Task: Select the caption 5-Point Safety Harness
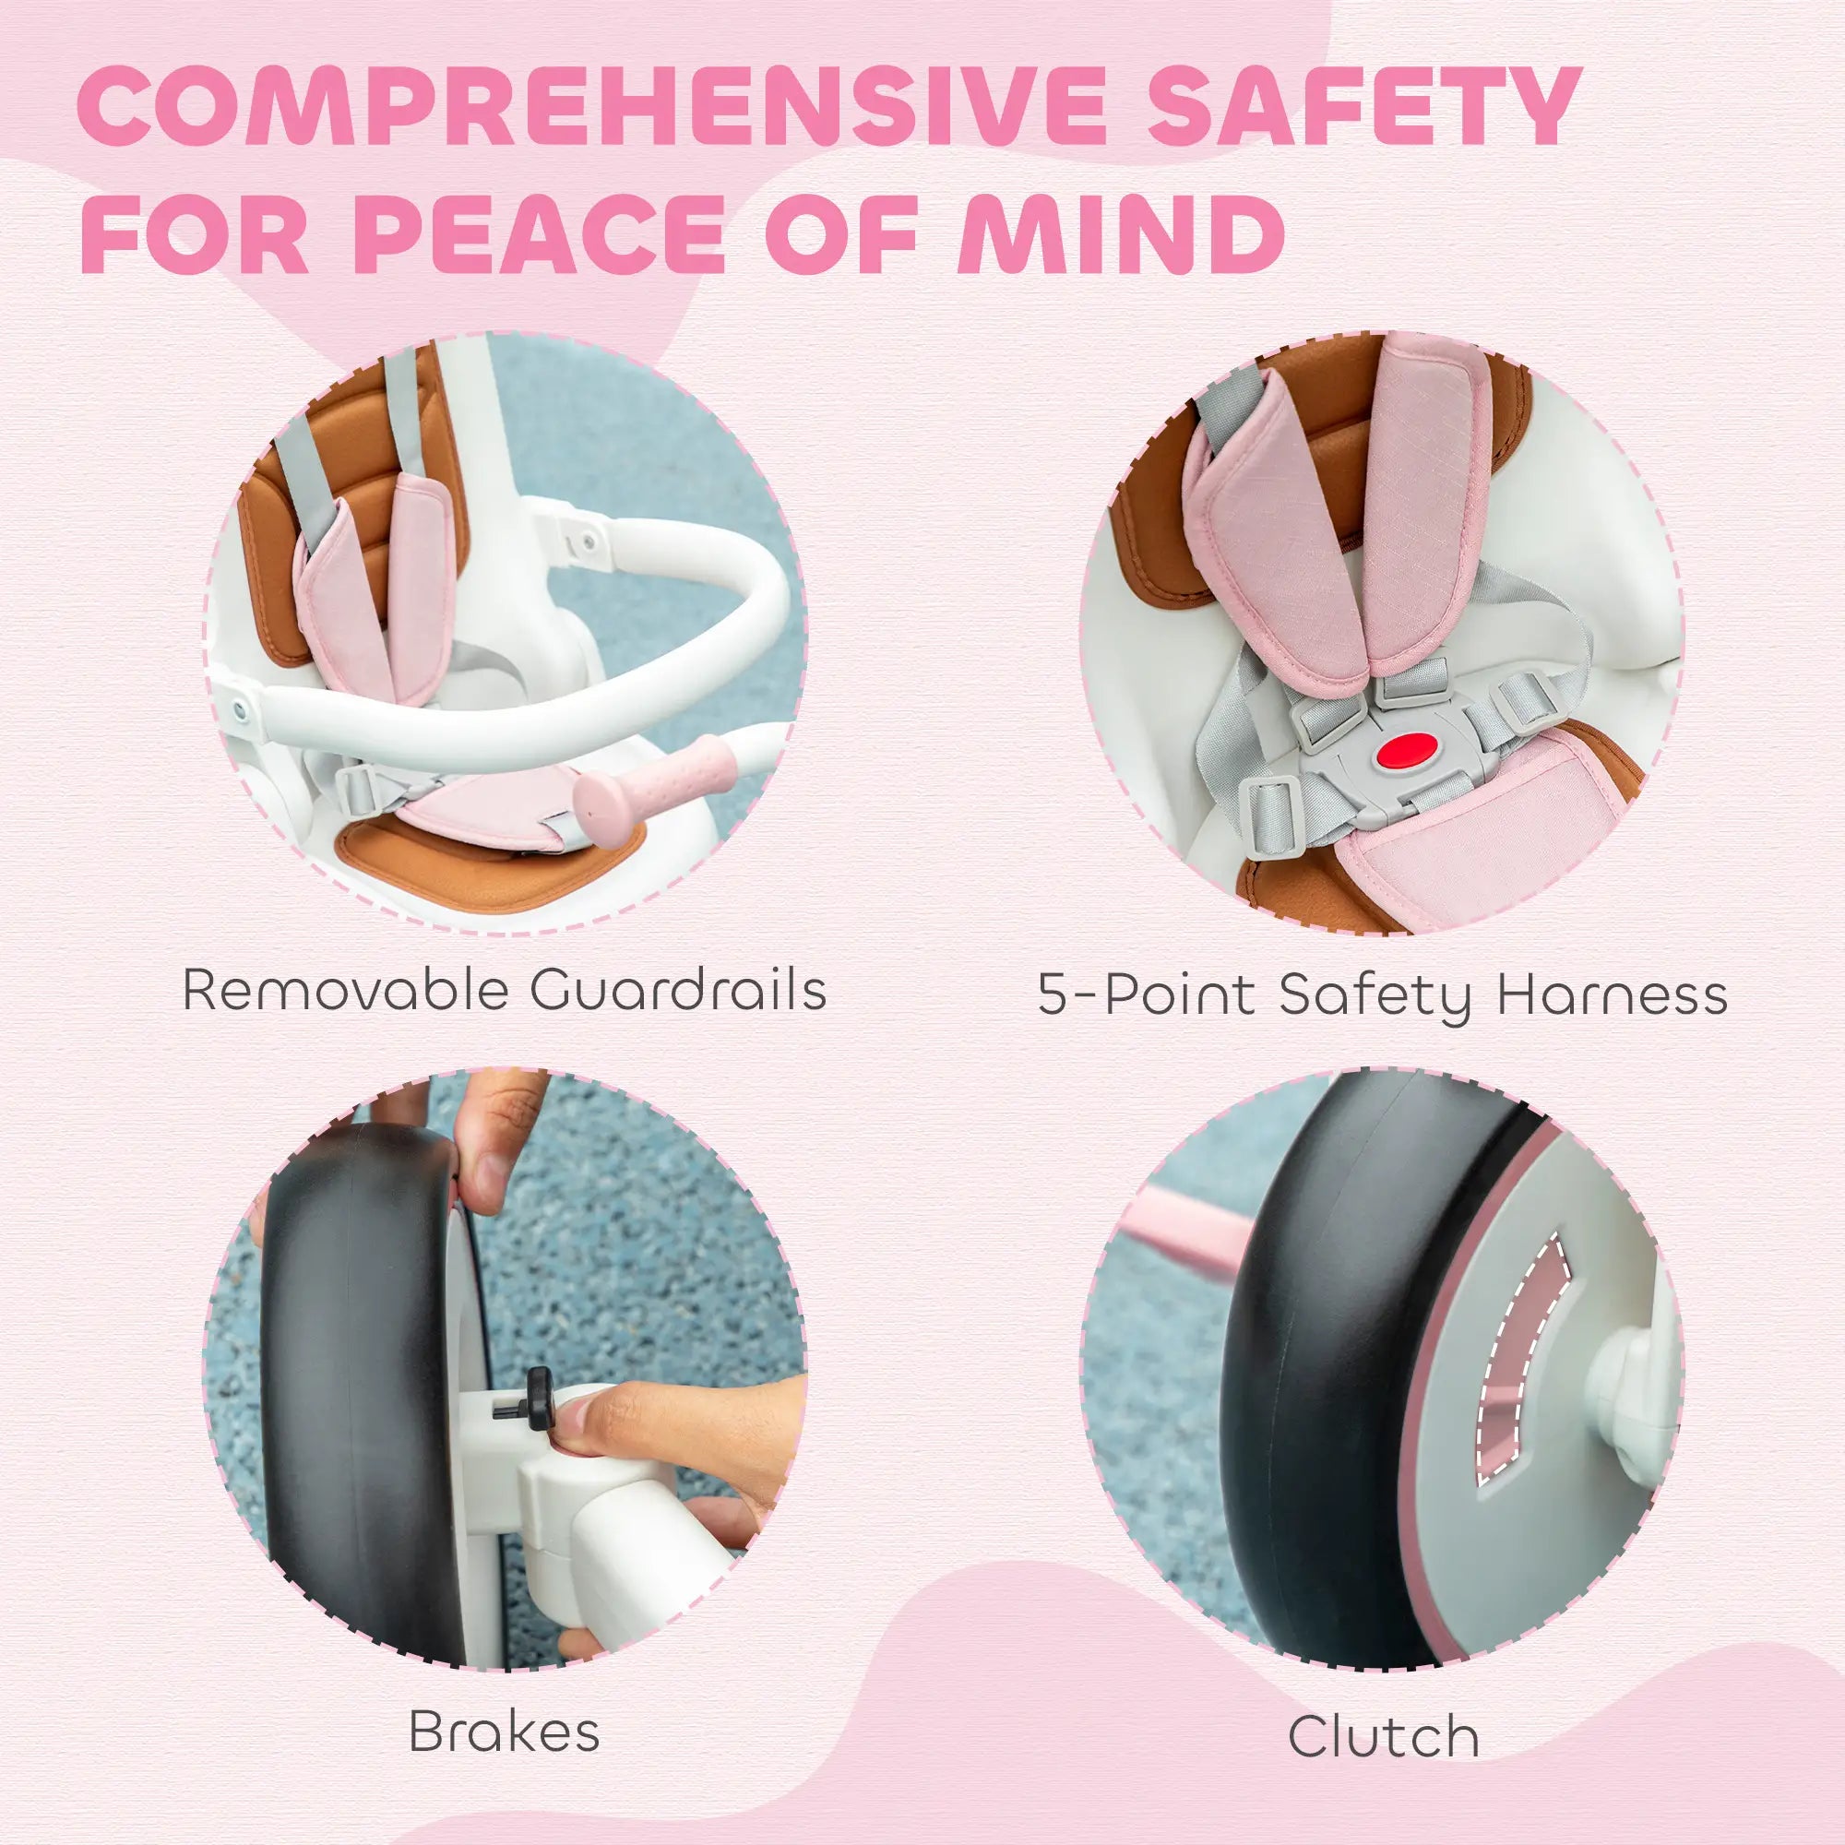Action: coord(1383,995)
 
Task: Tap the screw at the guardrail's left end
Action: coord(238,709)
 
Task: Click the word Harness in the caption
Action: coord(1612,995)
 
